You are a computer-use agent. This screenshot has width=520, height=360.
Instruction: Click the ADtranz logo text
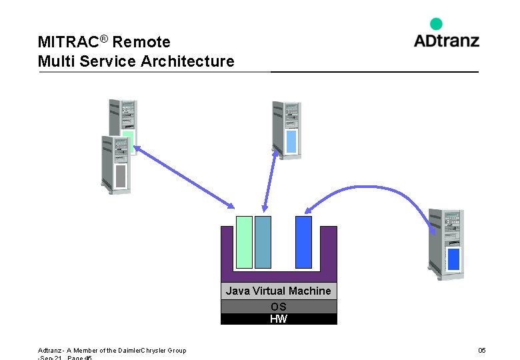446,41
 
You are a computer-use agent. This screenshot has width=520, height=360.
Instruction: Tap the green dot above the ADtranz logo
436,23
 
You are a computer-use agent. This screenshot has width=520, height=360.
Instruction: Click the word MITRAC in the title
68,42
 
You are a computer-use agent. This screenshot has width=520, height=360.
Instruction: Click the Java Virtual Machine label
278,291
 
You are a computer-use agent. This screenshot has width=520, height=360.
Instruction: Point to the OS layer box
278,307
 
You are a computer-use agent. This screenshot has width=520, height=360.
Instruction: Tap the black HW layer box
278,319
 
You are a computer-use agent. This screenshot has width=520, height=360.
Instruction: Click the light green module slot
244,241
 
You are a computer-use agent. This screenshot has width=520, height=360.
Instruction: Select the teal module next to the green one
263,241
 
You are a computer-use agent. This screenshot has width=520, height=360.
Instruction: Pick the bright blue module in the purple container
303,241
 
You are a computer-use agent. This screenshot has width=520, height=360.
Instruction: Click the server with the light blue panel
287,130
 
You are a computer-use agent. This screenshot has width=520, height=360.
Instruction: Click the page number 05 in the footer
482,351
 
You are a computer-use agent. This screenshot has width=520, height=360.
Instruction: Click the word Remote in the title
141,42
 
